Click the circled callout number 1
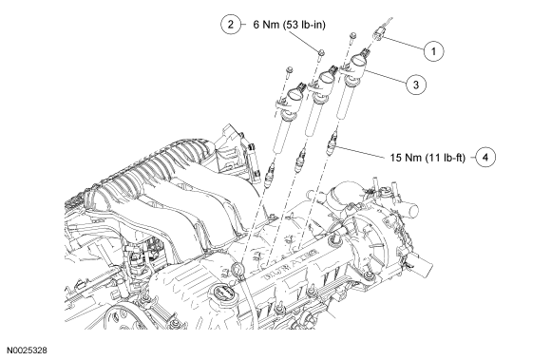click(x=433, y=51)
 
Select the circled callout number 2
click(x=231, y=25)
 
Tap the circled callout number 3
click(x=416, y=85)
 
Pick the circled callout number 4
click(x=485, y=157)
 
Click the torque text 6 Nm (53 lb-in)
click(x=289, y=25)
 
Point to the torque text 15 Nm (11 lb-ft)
click(x=427, y=158)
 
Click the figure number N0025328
click(x=27, y=351)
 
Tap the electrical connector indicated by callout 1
click(x=379, y=33)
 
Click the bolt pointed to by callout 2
click(x=320, y=54)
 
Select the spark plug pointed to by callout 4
click(x=332, y=144)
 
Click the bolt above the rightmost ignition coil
click(x=352, y=36)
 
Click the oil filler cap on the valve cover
click(x=221, y=294)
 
